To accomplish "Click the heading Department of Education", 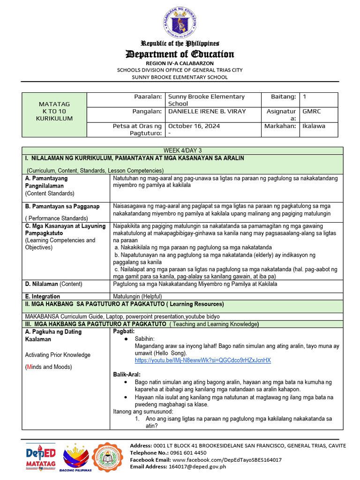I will (x=180, y=54).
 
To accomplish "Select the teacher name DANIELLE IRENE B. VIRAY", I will (x=207, y=111).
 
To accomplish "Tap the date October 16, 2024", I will (x=194, y=126).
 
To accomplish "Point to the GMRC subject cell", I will (x=311, y=111).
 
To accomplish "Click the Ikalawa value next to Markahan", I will (x=314, y=126).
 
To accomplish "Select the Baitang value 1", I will (x=305, y=97).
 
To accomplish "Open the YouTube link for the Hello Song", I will (x=202, y=360).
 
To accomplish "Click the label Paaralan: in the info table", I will (x=148, y=97).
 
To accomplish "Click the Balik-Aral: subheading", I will (x=127, y=375).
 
